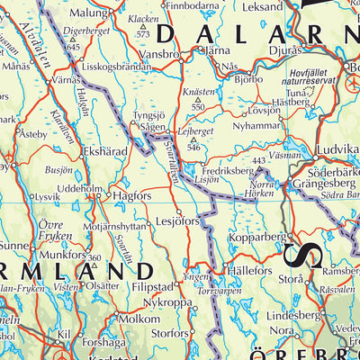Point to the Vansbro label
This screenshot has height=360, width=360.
[x=159, y=53]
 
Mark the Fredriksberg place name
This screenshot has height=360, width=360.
[x=227, y=168]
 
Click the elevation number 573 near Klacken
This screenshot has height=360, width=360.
[x=142, y=34]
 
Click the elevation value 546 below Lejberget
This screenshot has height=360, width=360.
[x=191, y=146]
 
